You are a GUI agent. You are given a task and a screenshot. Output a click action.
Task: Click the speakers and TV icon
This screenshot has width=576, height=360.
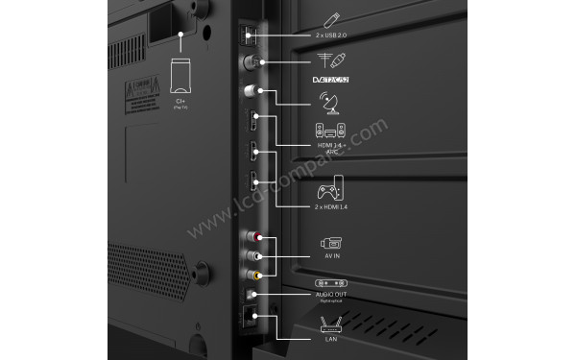pos(331,132)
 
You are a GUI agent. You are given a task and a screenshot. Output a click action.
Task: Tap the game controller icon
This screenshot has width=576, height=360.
pos(331,186)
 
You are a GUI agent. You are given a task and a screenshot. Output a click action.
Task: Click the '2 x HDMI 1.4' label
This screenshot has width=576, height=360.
pos(331,207)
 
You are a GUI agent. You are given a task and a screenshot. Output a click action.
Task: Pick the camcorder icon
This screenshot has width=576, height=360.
pos(331,243)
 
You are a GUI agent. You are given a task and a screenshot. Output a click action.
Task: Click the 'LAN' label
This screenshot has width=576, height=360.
pos(331,338)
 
